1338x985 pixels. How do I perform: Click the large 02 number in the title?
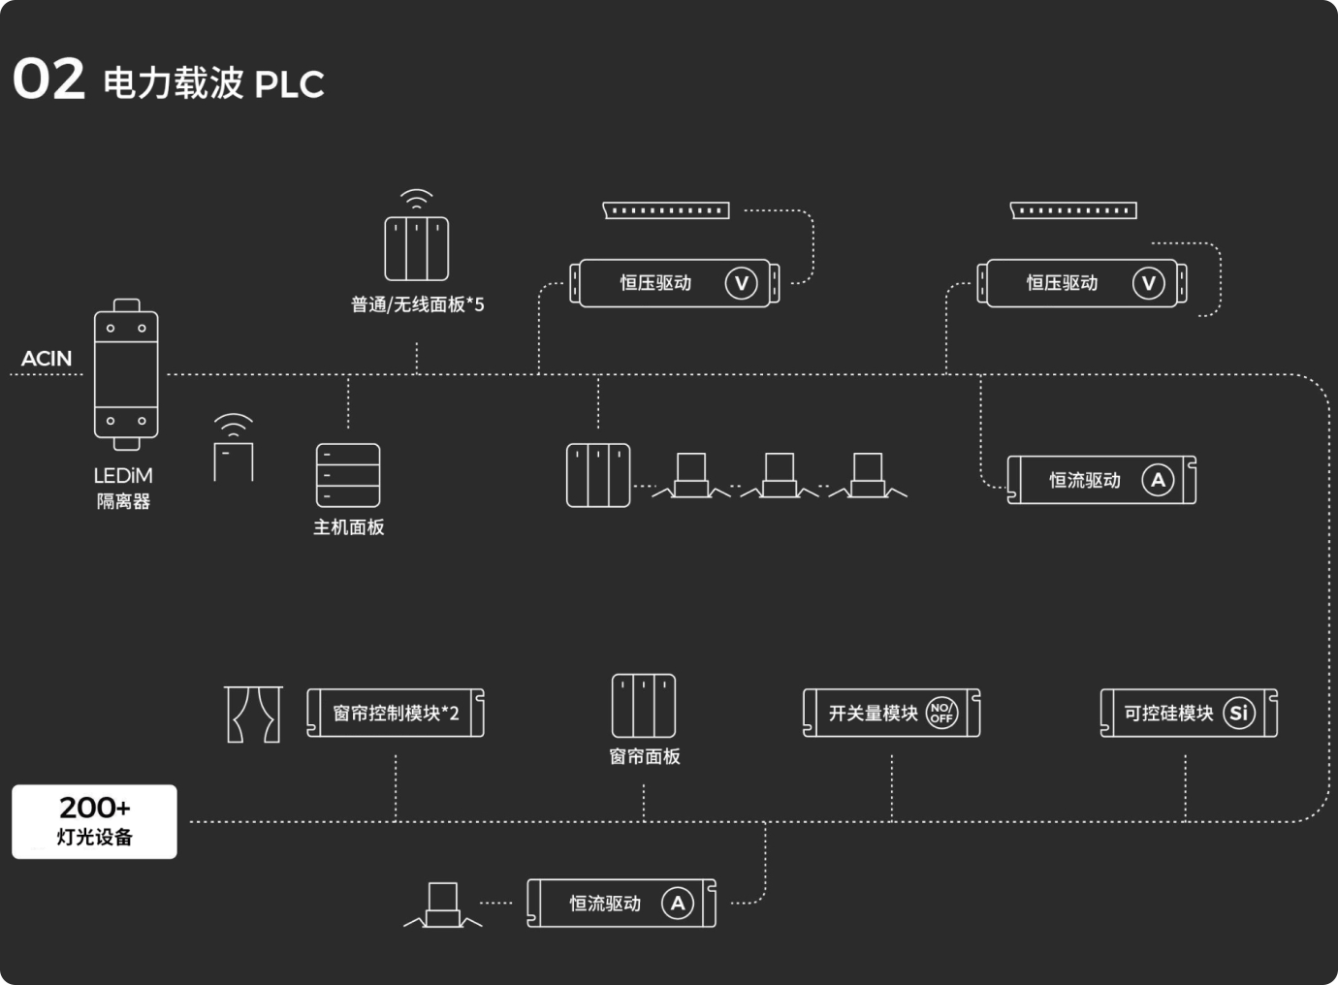pos(48,79)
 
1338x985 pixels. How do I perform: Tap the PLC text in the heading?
pos(289,84)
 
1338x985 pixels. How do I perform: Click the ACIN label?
pos(47,359)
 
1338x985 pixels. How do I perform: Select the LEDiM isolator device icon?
pos(126,374)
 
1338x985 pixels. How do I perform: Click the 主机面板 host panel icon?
pos(348,475)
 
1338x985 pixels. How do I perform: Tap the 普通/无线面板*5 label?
pos(417,305)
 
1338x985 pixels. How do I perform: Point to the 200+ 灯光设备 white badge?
pos(94,821)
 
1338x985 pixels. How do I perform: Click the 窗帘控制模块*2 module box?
pos(396,714)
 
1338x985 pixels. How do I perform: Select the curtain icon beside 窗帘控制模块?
pos(253,715)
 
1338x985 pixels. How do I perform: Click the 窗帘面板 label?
pos(645,756)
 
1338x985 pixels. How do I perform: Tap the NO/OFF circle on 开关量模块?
pos(941,714)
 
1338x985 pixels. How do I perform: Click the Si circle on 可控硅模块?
pos(1238,714)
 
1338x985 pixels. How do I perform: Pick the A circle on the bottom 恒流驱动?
pos(678,904)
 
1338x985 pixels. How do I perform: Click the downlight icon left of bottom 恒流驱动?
pos(442,906)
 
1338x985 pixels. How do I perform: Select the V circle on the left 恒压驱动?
pos(742,283)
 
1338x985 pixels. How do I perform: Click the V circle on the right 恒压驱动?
pos(1149,283)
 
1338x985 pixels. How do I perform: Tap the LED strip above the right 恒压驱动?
pos(1073,210)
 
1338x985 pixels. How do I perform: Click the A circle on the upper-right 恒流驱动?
pos(1158,480)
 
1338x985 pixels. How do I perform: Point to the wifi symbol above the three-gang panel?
pos(417,200)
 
